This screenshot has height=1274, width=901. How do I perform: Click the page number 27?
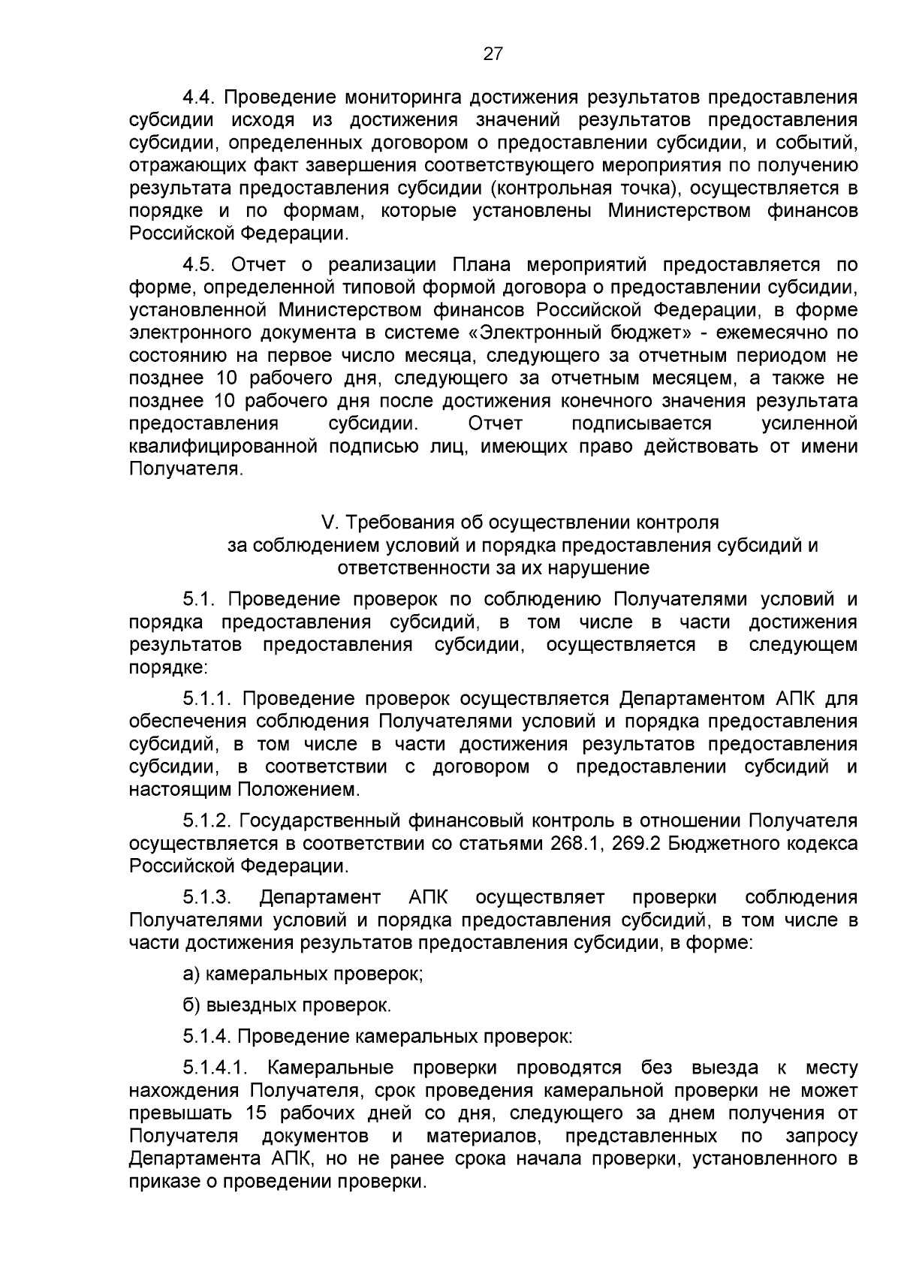point(493,53)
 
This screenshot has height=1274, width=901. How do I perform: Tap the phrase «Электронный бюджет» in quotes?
point(585,333)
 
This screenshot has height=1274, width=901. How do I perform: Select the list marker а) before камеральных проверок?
point(192,974)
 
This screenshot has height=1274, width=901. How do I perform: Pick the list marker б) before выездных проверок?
point(191,1005)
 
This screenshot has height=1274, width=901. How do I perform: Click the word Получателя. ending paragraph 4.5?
point(185,470)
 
